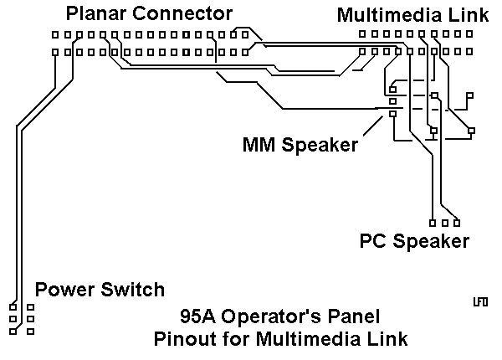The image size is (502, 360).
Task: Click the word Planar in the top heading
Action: tap(92, 13)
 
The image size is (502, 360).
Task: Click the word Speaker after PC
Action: tap(431, 242)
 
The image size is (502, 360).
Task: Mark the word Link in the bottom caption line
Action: tap(389, 339)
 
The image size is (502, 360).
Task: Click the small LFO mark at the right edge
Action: tap(480, 301)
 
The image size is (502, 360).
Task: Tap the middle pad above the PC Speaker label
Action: tap(444, 223)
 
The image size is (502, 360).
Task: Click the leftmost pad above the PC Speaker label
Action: tap(432, 223)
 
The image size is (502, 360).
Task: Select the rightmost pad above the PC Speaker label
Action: tap(457, 223)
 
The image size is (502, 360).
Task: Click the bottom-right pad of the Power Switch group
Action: tap(30, 331)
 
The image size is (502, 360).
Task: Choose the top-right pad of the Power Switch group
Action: tap(30, 307)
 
